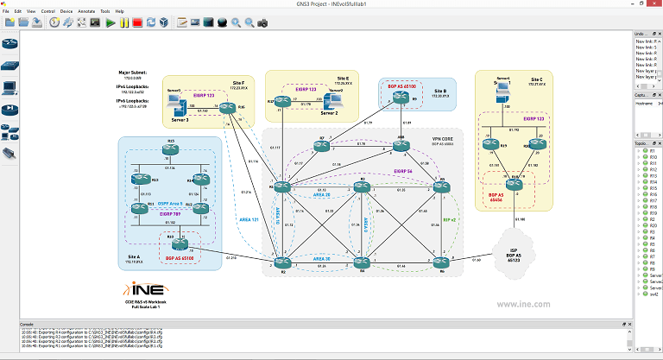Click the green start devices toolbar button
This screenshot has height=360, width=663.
pyautogui.click(x=110, y=22)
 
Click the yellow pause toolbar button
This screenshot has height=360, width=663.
pyautogui.click(x=124, y=22)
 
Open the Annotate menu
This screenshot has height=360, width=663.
pyautogui.click(x=87, y=11)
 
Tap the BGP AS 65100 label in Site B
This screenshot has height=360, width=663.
pyautogui.click(x=403, y=87)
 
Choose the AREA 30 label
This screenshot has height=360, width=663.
pyautogui.click(x=322, y=257)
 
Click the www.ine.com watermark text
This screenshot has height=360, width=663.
pyautogui.click(x=524, y=303)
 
